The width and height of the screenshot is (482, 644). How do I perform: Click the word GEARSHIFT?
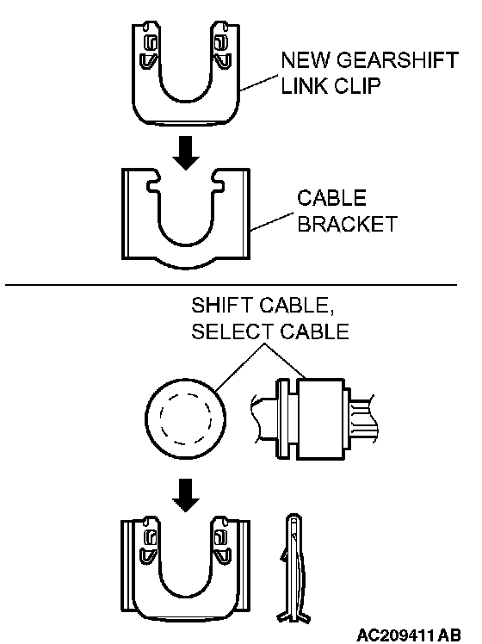(397, 60)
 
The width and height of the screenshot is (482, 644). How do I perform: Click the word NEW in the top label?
(306, 60)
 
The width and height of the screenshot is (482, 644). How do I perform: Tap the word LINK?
(304, 86)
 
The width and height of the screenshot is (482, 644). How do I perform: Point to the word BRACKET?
(348, 224)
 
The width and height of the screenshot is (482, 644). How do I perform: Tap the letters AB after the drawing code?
(449, 635)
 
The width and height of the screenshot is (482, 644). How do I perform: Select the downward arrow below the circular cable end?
(186, 495)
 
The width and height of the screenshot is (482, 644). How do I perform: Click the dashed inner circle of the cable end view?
(186, 418)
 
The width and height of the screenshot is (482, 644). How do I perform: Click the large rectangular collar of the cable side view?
(321, 418)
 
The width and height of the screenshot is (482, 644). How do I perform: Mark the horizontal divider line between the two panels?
(231, 284)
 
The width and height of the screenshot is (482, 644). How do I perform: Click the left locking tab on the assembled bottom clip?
(149, 542)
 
